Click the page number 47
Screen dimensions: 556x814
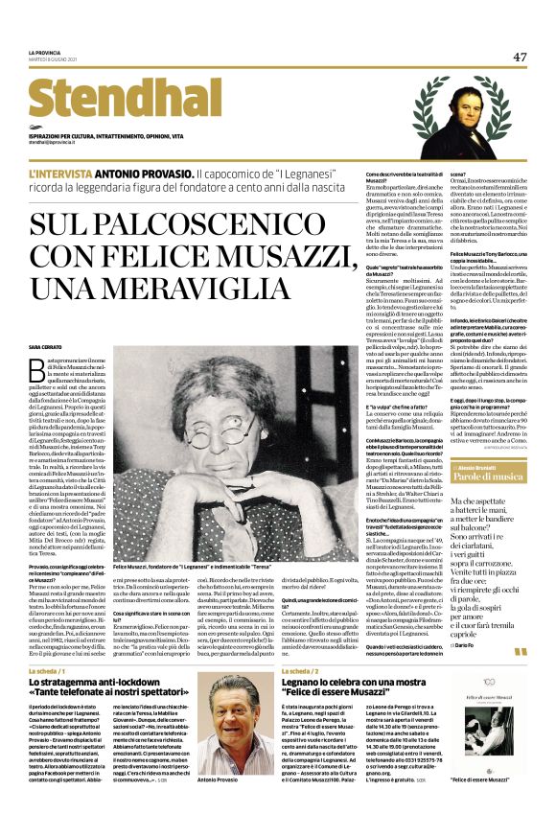(x=520, y=57)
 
